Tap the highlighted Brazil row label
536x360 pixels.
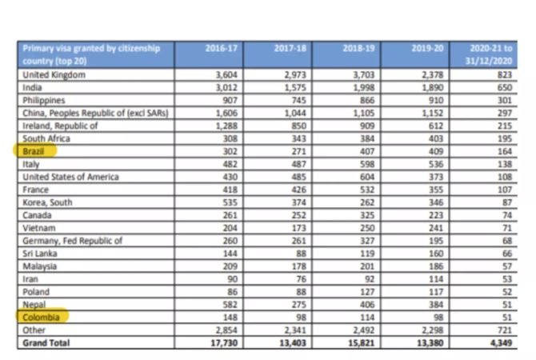tap(34, 151)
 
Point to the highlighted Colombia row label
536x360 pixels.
tap(41, 318)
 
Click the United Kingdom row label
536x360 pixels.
tap(54, 74)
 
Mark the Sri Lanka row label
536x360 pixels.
tap(39, 254)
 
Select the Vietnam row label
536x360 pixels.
tap(38, 228)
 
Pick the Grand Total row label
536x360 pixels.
tap(46, 343)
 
